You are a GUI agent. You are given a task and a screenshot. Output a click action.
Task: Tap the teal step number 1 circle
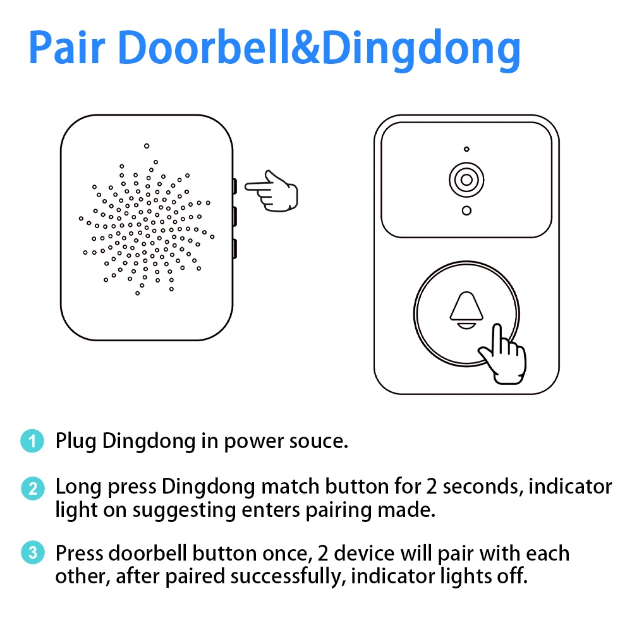click(x=32, y=441)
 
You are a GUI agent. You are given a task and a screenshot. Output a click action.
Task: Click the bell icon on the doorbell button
click(x=466, y=310)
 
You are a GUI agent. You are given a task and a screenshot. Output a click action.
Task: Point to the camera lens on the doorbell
click(x=466, y=180)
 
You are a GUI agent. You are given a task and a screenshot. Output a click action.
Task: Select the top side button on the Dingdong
click(x=234, y=186)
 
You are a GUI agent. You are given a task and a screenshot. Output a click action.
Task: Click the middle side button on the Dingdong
click(x=234, y=217)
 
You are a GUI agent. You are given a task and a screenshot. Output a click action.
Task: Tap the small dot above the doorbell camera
click(x=466, y=149)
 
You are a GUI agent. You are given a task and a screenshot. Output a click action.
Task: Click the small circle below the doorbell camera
click(x=466, y=210)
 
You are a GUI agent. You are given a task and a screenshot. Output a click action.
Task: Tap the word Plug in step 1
click(x=76, y=441)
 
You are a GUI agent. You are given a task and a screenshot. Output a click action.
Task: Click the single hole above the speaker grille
click(x=146, y=146)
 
